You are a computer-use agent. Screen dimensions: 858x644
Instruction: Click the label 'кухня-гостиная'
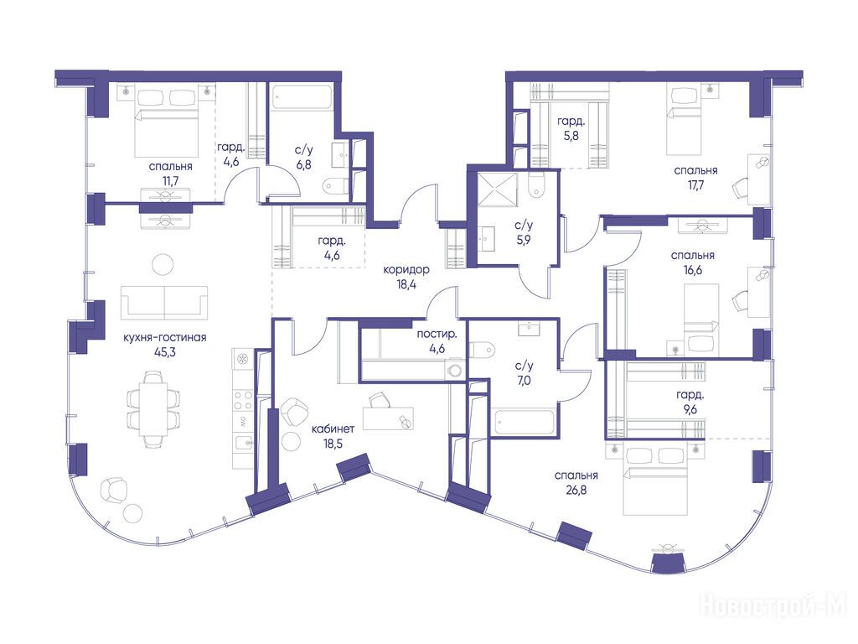point(165,337)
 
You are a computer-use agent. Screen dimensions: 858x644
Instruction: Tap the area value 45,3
point(165,352)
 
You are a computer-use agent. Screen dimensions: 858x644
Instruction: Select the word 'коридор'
point(406,270)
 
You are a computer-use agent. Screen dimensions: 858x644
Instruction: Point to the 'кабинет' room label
point(333,428)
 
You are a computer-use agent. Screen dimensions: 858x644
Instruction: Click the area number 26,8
point(576,490)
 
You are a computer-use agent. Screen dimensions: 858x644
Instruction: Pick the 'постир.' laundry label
point(437,334)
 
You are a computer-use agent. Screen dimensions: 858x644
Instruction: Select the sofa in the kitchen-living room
point(164,302)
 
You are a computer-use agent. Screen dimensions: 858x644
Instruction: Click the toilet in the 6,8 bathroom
point(335,185)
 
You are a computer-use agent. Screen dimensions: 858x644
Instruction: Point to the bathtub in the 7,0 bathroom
point(525,422)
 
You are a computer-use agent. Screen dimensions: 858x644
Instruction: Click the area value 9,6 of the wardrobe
point(690,408)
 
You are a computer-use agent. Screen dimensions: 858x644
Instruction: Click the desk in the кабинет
point(388,419)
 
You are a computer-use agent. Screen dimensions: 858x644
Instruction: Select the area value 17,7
point(695,185)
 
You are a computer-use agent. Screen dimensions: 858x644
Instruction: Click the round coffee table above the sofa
point(163,264)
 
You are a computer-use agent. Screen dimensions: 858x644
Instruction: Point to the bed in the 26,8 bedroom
point(655,481)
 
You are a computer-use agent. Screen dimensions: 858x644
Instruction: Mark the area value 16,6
point(692,271)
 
